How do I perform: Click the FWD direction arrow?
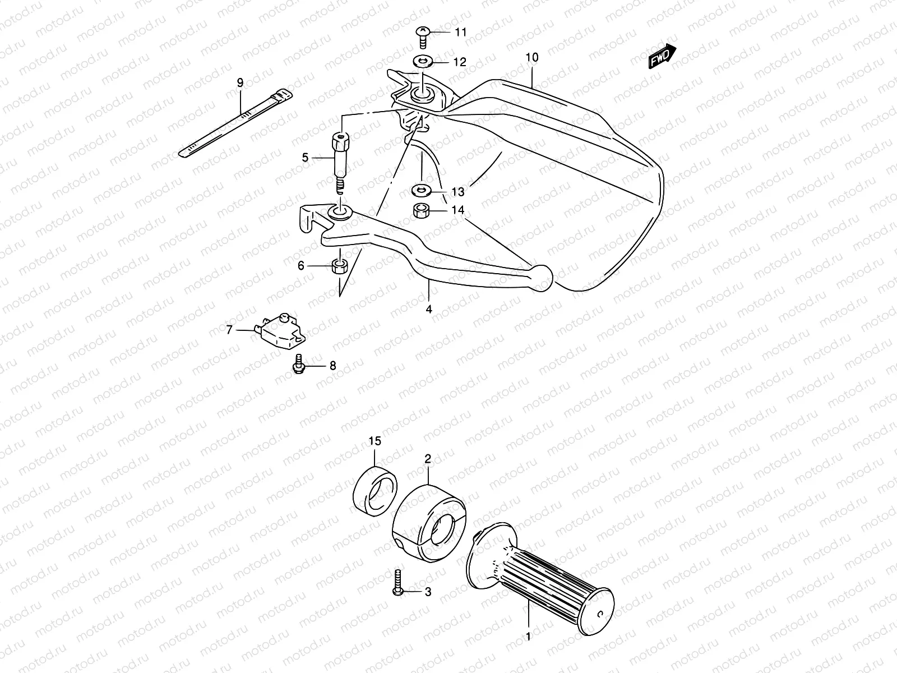[663, 57]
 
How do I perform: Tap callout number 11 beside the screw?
[460, 33]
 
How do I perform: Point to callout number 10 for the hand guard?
[532, 57]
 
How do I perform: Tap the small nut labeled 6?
[338, 266]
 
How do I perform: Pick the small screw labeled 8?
[298, 364]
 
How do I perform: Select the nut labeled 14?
[420, 211]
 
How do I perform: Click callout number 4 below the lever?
[428, 308]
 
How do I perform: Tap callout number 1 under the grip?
[527, 637]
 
